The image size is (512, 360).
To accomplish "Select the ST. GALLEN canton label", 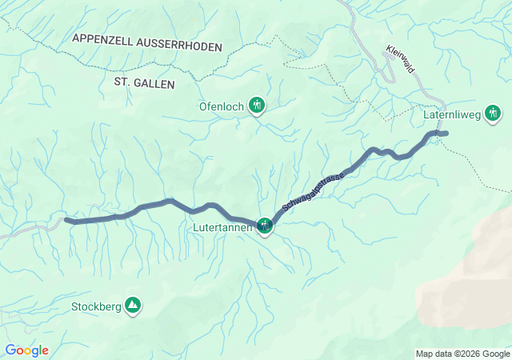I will [x=144, y=82].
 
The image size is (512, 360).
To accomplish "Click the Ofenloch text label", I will [x=222, y=105].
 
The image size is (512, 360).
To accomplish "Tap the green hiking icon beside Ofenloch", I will [x=257, y=104].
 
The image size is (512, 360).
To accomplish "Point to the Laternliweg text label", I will [x=451, y=114].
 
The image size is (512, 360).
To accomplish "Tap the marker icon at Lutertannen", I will [x=265, y=227].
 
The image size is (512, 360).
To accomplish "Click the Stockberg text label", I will [x=95, y=306].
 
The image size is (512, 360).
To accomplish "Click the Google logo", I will [x=26, y=350].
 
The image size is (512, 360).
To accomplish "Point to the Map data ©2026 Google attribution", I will [x=462, y=354].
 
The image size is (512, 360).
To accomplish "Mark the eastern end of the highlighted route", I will [x=446, y=133].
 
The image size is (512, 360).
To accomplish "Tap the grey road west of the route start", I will [x=32, y=230].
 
